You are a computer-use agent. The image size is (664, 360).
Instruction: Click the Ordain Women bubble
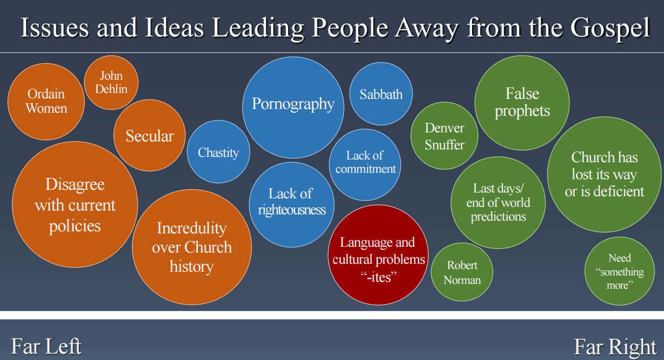(46, 102)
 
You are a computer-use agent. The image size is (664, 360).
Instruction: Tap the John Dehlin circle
(111, 82)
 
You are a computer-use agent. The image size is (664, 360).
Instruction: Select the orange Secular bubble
(149, 135)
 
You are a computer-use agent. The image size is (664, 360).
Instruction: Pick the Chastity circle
(218, 152)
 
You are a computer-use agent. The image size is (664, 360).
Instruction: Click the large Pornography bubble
(293, 107)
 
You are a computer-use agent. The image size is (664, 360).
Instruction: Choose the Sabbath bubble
(381, 94)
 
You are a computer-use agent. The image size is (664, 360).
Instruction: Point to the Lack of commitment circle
(365, 165)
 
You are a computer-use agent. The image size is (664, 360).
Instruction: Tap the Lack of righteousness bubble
(292, 205)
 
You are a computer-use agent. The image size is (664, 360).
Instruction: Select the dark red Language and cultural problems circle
(378, 255)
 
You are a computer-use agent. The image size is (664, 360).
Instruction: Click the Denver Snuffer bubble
(444, 136)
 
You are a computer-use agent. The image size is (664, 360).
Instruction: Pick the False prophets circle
(522, 103)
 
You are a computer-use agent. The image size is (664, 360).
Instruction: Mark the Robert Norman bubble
(462, 272)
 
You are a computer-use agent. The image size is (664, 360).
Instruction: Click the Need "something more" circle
(619, 271)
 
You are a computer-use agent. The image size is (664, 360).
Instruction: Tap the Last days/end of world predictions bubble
(498, 203)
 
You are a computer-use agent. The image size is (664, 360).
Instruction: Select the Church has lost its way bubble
(604, 174)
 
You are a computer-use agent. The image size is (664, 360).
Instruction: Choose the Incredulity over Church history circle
(192, 247)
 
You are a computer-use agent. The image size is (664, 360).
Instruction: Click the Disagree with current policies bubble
(75, 204)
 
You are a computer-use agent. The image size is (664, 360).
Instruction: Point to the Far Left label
(46, 346)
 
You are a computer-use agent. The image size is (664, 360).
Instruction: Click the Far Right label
(615, 347)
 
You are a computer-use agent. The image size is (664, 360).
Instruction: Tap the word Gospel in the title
(610, 28)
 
